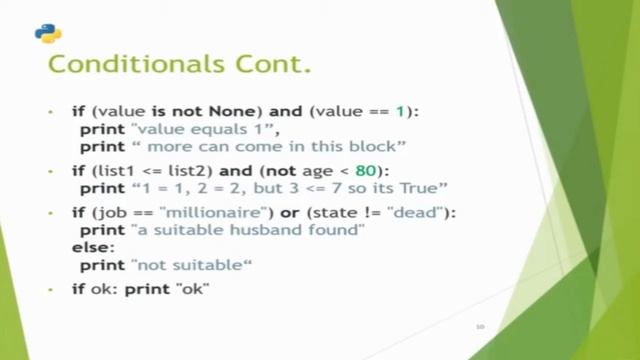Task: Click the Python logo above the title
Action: click(x=48, y=32)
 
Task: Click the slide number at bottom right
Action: click(x=480, y=326)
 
